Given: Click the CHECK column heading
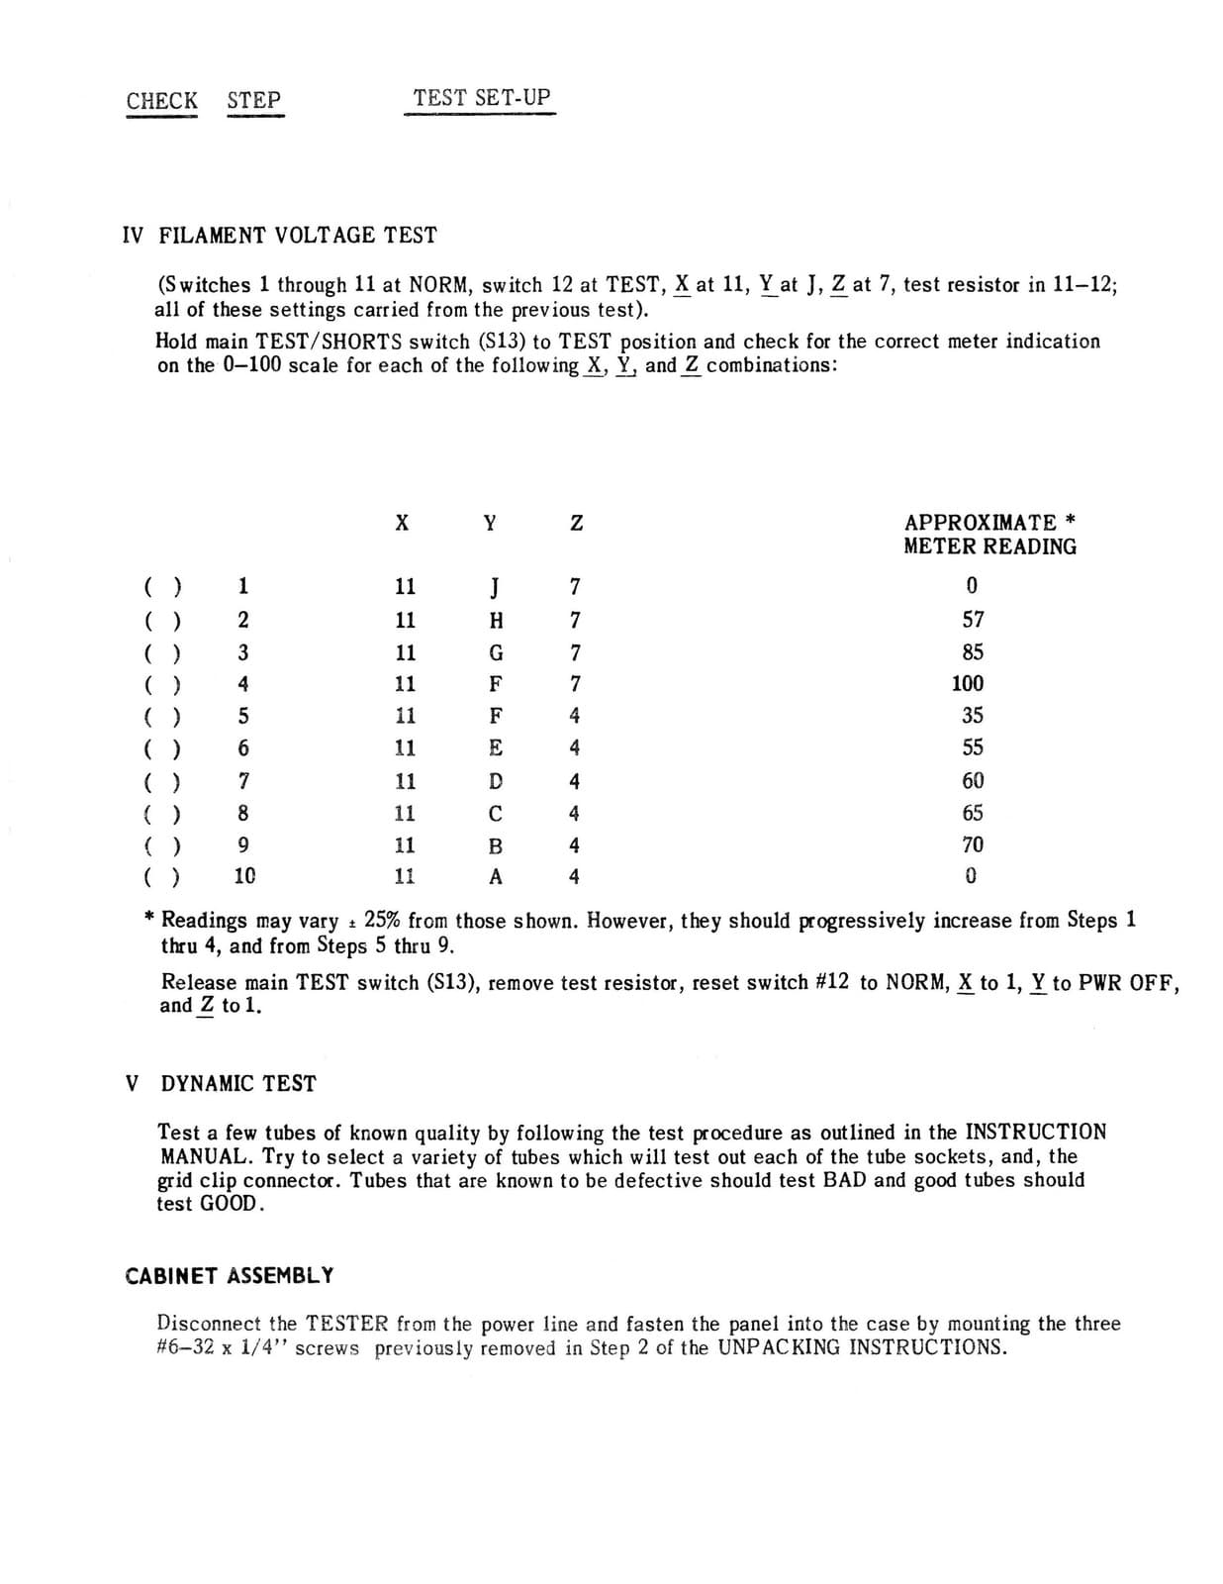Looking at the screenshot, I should click(x=161, y=100).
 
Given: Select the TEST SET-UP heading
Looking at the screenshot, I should click(x=481, y=98).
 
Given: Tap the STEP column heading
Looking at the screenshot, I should click(x=253, y=100).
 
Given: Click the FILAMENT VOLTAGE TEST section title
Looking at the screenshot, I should click(x=297, y=236).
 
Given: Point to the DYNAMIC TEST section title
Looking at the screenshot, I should click(x=237, y=1083).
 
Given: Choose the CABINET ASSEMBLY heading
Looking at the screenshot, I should click(x=230, y=1275).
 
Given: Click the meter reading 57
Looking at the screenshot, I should click(x=974, y=620).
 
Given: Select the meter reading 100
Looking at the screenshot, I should click(x=968, y=683).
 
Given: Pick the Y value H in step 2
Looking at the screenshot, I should click(x=497, y=621).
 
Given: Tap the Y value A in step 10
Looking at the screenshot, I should click(x=496, y=877).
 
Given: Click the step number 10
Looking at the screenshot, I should click(x=244, y=876).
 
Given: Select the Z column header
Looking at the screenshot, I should click(x=576, y=524).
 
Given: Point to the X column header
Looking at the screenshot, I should click(x=402, y=524).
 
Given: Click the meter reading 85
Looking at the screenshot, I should click(x=973, y=652).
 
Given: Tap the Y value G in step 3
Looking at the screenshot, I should click(x=497, y=653).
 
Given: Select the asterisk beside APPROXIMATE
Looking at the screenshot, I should click(x=1072, y=521).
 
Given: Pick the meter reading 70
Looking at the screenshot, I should click(x=973, y=844).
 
